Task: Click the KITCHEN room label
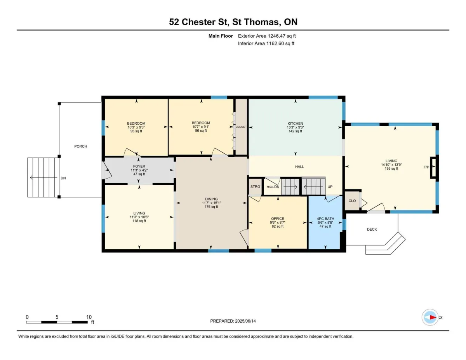pos(295,123)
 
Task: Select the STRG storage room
pos(255,186)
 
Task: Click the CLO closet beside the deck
pos(352,201)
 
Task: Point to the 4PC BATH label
pos(325,219)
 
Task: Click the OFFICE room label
pos(278,219)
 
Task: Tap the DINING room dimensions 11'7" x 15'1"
pos(211,203)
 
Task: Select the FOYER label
pos(139,166)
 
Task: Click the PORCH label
pos(81,146)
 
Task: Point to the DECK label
pos(372,230)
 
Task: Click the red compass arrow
pos(433,317)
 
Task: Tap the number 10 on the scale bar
pos(89,317)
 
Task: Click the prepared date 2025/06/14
pos(245,321)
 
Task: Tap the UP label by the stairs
pos(330,187)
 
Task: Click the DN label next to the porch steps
pos(63,178)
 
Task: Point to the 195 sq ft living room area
pos(391,169)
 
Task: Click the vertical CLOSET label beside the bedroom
pos(241,127)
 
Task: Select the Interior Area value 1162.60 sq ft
pos(280,43)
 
